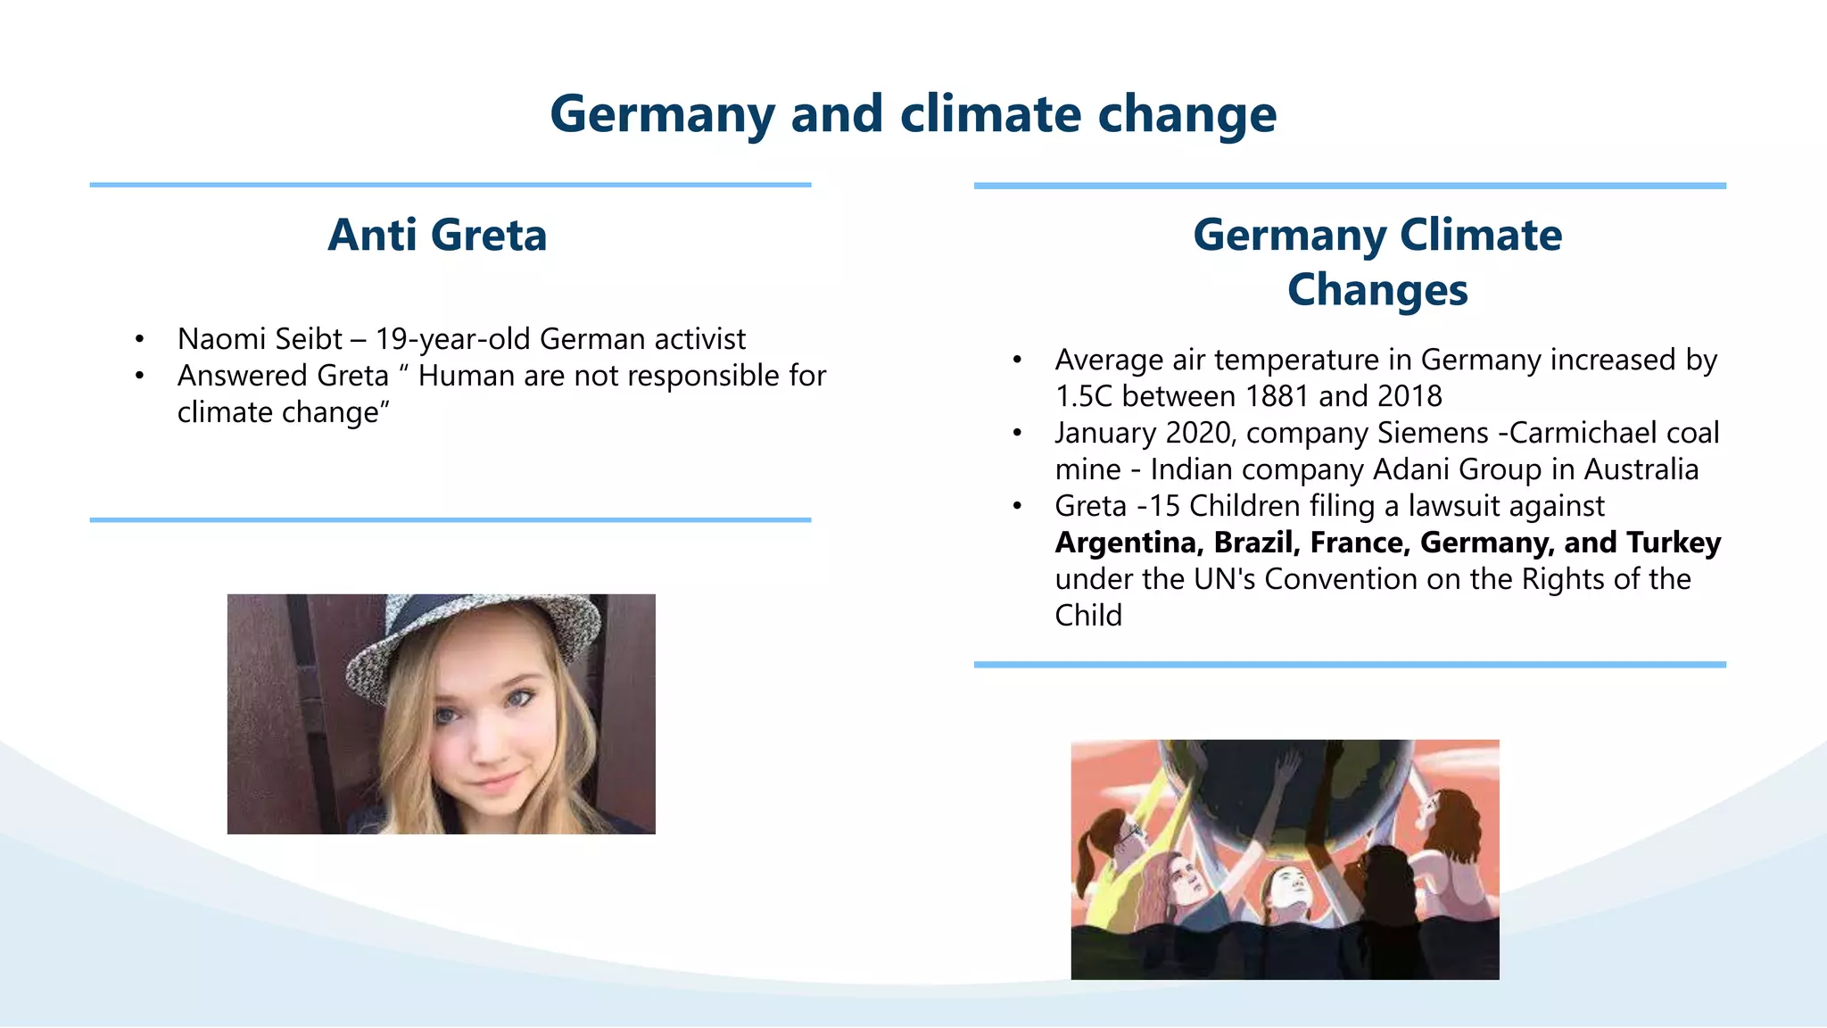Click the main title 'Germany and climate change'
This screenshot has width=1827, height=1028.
(x=913, y=114)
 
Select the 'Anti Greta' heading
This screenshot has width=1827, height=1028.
(x=437, y=235)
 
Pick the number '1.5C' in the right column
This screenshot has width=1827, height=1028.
(x=1084, y=396)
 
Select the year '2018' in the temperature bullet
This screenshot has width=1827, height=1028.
(x=1410, y=396)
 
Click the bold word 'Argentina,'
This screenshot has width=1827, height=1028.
(x=1128, y=543)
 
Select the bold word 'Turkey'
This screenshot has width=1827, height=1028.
(x=1674, y=543)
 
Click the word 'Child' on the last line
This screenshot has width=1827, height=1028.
(x=1088, y=616)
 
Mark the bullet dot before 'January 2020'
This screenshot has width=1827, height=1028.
(x=1017, y=434)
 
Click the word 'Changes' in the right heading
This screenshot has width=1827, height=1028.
(x=1377, y=290)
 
